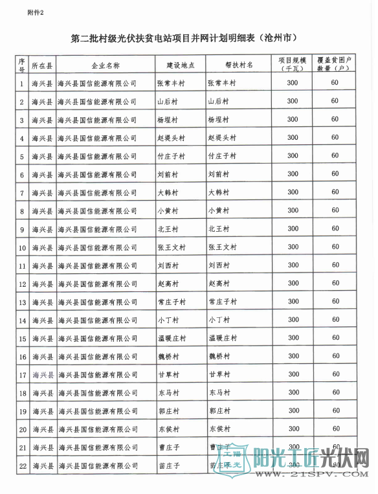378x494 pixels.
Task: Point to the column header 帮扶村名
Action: [x=239, y=65]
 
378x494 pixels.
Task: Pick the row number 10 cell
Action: [x=23, y=247]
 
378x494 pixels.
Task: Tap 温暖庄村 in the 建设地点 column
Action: [x=172, y=338]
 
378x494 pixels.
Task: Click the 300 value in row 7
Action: [x=293, y=192]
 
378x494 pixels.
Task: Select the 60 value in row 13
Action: [x=335, y=301]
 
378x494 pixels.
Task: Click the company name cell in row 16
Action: [x=98, y=357]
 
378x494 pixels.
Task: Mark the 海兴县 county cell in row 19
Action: [x=42, y=411]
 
